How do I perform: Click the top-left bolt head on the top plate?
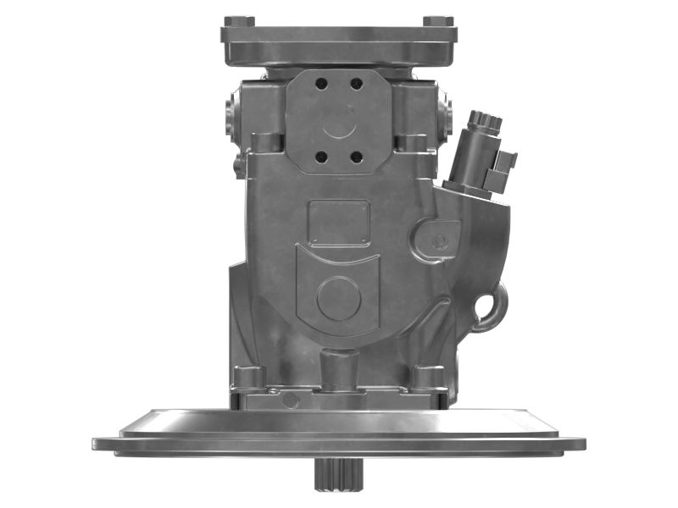click(239, 21)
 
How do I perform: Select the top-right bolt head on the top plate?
click(437, 21)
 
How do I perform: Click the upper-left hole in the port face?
click(321, 84)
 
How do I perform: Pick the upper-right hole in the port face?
click(356, 84)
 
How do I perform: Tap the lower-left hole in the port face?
click(321, 157)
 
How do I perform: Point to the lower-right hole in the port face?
click(356, 157)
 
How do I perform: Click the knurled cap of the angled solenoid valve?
click(485, 121)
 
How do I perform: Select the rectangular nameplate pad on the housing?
click(338, 223)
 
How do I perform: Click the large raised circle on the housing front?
click(338, 298)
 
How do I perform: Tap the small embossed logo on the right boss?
click(439, 242)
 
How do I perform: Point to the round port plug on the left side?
click(232, 115)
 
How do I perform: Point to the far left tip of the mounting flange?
click(96, 444)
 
